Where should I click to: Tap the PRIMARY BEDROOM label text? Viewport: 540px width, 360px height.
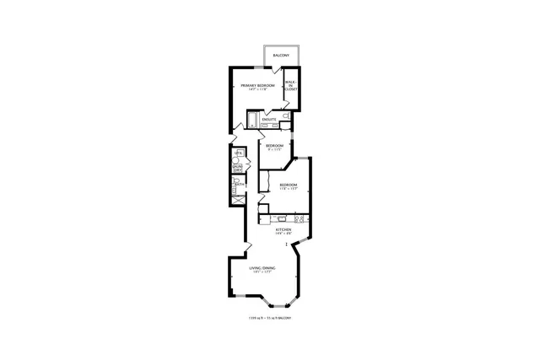click(x=258, y=86)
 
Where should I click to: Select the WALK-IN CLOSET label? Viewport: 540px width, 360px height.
click(x=290, y=86)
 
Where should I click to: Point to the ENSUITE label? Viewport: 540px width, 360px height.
click(x=269, y=120)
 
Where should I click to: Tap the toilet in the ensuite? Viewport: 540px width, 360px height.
click(x=286, y=115)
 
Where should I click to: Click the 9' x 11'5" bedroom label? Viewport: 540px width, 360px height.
click(x=274, y=148)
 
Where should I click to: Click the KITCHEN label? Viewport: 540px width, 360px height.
click(x=283, y=229)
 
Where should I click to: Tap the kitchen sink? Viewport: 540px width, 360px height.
click(x=282, y=218)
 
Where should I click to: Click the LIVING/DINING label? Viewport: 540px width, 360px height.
click(x=262, y=268)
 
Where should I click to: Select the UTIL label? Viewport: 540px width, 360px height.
click(x=237, y=153)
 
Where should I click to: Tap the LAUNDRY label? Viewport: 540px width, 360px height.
click(x=237, y=169)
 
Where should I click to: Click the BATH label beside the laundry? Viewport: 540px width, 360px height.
click(x=240, y=185)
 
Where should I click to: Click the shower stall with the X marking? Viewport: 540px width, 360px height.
click(x=238, y=199)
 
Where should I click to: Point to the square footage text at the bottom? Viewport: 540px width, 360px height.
click(x=270, y=318)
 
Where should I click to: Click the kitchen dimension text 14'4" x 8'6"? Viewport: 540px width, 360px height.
click(x=283, y=234)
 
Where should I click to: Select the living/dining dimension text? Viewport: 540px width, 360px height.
click(x=262, y=272)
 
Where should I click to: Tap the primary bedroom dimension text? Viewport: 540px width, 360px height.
click(x=257, y=90)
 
